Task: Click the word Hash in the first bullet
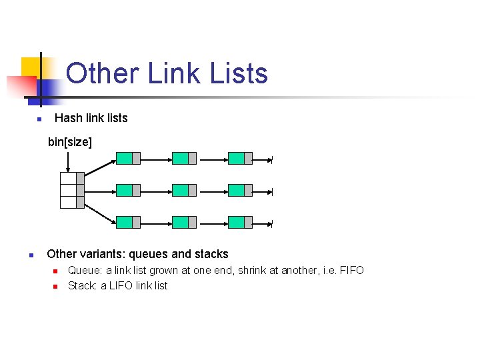point(69,118)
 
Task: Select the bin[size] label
point(70,142)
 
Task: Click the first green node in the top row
point(125,159)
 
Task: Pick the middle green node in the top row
point(181,159)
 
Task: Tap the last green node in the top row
point(237,159)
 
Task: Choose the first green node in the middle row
point(125,191)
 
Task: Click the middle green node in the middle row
point(181,191)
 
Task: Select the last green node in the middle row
point(237,191)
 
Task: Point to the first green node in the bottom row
point(125,222)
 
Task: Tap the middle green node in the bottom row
point(181,222)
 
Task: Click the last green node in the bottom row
point(237,222)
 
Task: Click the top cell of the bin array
point(69,178)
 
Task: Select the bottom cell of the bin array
point(69,202)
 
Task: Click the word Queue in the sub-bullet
point(83,271)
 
